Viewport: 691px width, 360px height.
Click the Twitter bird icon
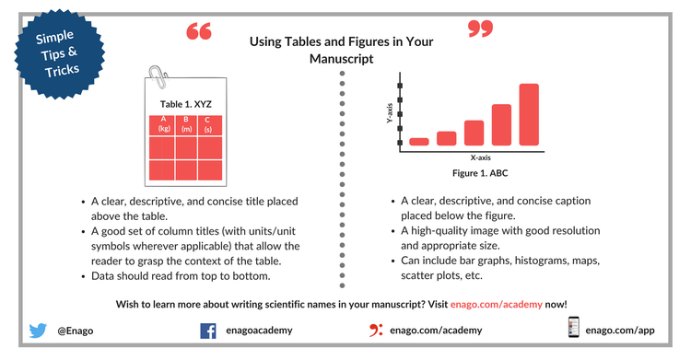(x=38, y=330)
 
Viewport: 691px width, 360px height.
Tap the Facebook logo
(x=208, y=331)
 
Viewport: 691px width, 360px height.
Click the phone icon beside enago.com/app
(x=573, y=327)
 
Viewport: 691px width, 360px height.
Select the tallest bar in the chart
(x=529, y=114)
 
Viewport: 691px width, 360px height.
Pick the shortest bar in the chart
(x=419, y=142)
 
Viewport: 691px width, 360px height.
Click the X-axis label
(x=480, y=157)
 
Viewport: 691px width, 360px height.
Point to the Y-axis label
(x=390, y=113)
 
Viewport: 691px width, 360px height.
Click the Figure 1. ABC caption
(x=480, y=173)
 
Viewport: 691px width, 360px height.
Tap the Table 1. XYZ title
(x=185, y=104)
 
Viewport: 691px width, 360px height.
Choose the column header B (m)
(x=186, y=124)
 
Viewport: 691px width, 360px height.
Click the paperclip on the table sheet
(x=158, y=76)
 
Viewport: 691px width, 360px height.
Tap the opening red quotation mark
(x=199, y=31)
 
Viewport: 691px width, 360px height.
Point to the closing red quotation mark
(x=480, y=29)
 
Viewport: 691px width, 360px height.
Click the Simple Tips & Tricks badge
(x=60, y=53)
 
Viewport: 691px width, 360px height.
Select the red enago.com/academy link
(x=497, y=305)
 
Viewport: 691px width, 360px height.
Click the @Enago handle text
(x=76, y=331)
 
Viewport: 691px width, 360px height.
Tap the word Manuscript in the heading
(x=342, y=59)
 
